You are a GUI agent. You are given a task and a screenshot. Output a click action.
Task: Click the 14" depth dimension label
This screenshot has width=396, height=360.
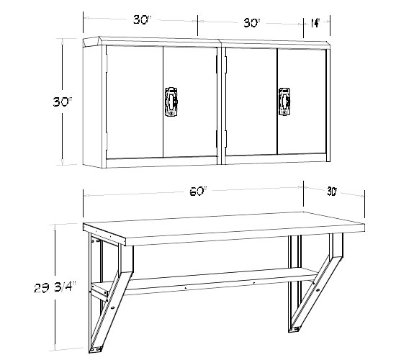click(315, 24)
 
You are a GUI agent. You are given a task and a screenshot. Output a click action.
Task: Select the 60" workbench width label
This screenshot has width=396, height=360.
click(198, 192)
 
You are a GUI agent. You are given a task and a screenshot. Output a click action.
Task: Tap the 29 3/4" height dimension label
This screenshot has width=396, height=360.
click(55, 288)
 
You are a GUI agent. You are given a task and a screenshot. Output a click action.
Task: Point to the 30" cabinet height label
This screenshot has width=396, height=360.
click(63, 102)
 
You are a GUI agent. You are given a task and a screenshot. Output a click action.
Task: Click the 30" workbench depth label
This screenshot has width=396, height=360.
click(332, 192)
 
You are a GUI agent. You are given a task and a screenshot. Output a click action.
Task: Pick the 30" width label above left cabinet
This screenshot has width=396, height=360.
click(142, 19)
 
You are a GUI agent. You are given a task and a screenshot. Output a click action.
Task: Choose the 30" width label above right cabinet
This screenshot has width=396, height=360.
click(251, 23)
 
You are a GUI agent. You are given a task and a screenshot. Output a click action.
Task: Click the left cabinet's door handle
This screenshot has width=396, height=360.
click(171, 102)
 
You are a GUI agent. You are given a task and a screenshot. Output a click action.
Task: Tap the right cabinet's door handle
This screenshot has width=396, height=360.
click(284, 102)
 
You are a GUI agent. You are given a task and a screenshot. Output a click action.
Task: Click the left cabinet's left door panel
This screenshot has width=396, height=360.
click(135, 102)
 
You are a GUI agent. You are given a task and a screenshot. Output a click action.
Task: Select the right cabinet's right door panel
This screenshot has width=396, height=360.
click(302, 102)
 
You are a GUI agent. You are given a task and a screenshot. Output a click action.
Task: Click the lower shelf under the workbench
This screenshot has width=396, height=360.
click(210, 279)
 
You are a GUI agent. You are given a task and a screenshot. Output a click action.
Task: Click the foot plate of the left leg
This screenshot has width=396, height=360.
click(96, 349)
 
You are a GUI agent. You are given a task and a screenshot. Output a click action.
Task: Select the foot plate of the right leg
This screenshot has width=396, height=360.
click(294, 329)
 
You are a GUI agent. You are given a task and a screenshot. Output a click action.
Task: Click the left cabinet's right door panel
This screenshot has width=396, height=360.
click(190, 102)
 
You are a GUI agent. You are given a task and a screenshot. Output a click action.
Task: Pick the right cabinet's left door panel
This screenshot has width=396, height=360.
click(251, 102)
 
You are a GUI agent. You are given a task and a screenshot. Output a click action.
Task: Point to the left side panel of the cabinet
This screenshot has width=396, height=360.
click(92, 106)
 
